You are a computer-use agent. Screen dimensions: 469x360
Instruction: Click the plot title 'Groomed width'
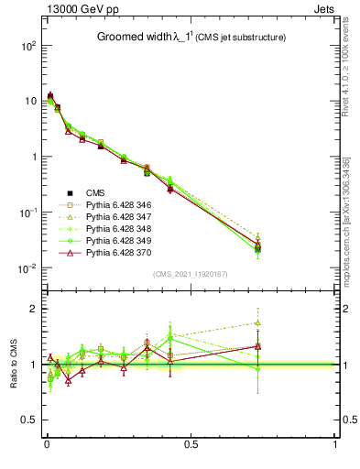point(136,38)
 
